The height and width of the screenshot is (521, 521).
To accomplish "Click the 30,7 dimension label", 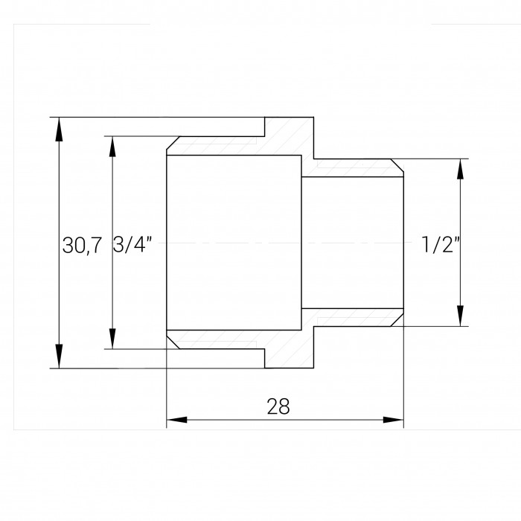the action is pos(82,246).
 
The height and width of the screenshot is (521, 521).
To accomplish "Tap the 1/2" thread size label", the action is pos(441,244).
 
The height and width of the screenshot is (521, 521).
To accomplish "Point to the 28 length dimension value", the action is pos(278,406).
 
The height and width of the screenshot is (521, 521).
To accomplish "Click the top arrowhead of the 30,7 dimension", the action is pos(59,130).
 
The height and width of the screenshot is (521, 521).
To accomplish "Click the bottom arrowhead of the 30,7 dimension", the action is pos(59,357).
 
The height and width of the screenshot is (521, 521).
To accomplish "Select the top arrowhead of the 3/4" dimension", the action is pos(112,147).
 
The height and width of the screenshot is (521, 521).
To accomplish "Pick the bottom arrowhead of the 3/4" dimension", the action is pos(112,339).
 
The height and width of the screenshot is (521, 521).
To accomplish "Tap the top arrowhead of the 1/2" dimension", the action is pos(460,169).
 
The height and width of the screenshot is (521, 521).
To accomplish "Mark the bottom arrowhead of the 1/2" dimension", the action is pos(460,316).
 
